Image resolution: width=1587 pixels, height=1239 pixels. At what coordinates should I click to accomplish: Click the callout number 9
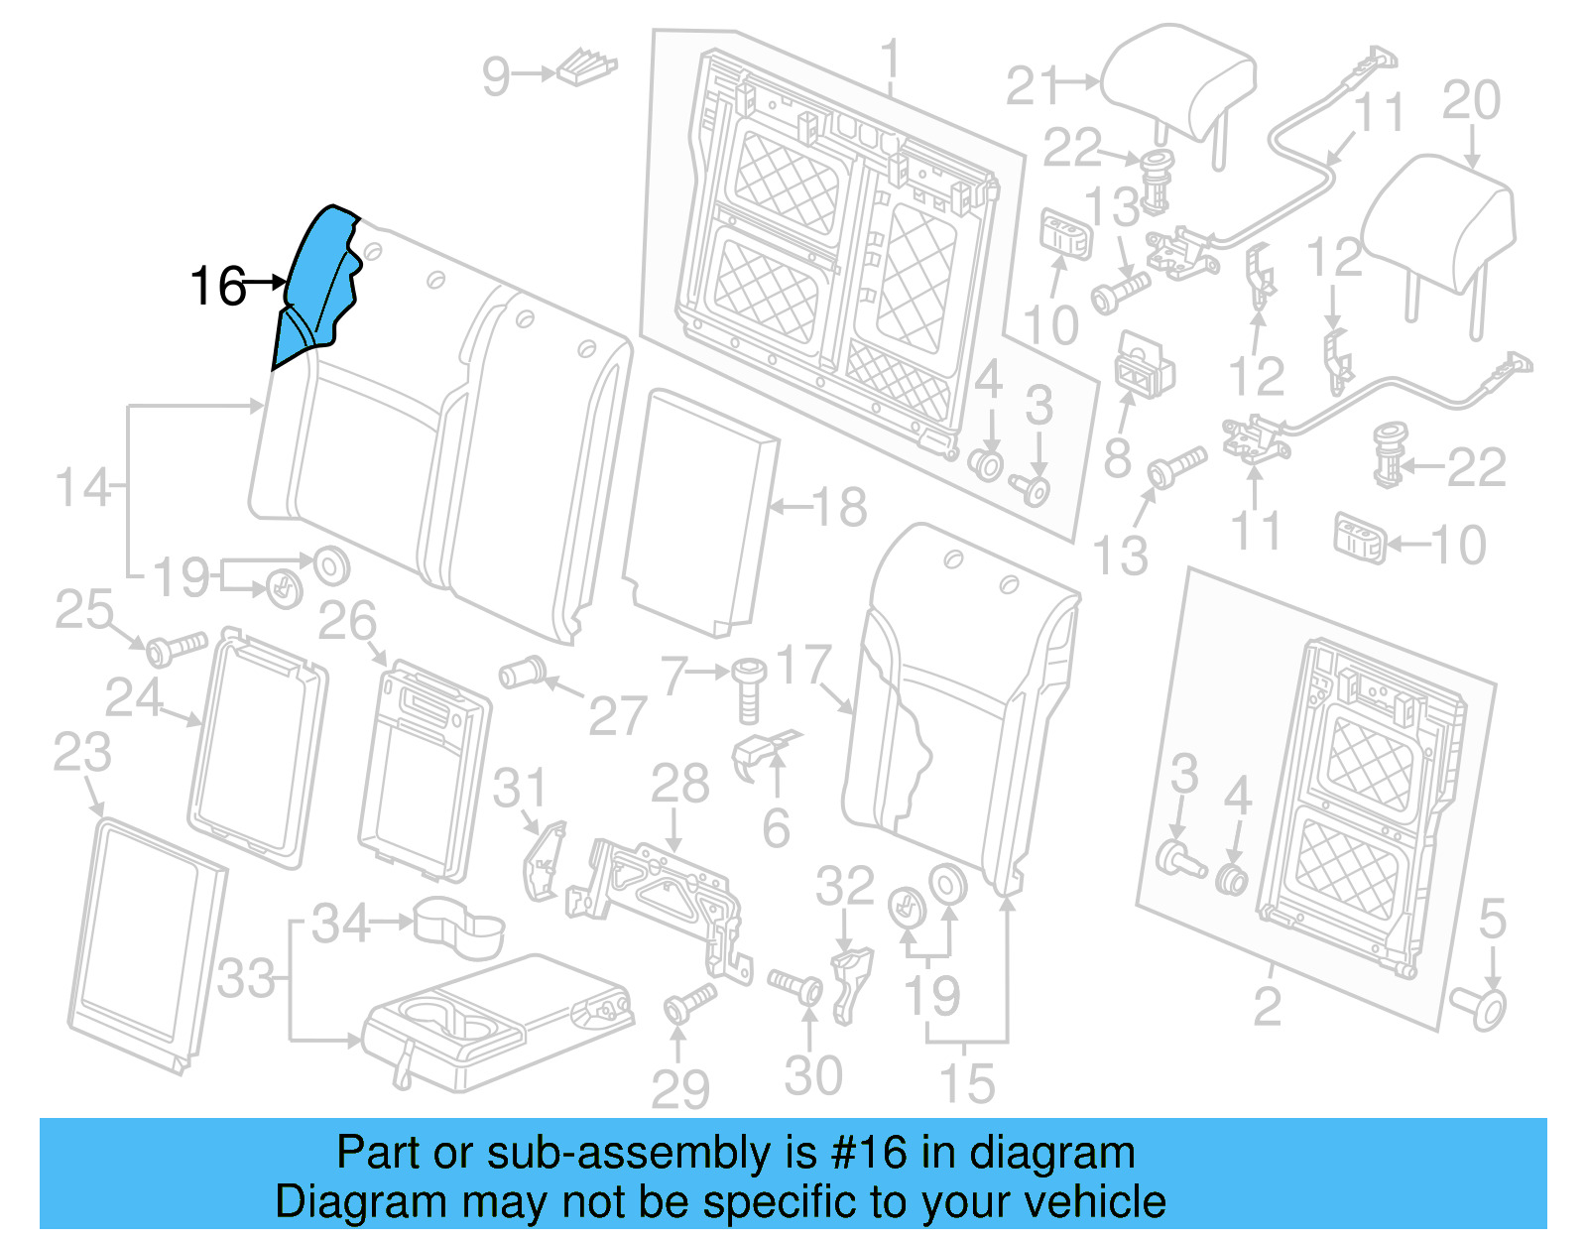coord(496,76)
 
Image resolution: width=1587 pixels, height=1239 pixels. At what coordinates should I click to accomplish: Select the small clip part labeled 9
coord(587,67)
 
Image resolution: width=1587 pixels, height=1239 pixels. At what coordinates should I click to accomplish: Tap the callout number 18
coord(839,507)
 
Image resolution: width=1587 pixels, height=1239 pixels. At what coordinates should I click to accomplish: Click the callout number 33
coord(246,979)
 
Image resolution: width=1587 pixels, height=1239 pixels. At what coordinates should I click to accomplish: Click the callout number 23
coord(81,753)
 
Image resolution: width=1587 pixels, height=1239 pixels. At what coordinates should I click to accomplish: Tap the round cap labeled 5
coord(1480,1008)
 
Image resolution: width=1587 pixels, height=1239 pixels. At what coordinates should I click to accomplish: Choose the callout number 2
coord(1267,1007)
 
